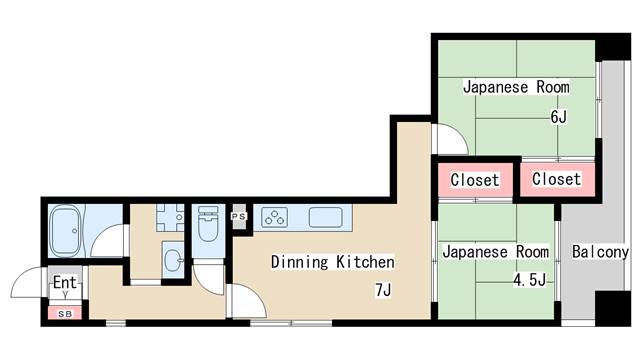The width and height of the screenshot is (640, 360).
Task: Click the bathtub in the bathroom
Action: [64, 231]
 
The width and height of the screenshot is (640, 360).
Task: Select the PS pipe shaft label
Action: [239, 216]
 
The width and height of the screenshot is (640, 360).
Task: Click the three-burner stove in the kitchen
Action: [275, 217]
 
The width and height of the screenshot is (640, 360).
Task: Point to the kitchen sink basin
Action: [325, 217]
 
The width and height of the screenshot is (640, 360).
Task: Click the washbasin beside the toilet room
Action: [173, 260]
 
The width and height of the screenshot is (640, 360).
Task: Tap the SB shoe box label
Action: [65, 314]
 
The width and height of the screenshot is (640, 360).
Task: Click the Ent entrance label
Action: [65, 282]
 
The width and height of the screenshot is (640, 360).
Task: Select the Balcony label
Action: [600, 252]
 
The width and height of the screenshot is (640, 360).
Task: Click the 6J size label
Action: [558, 117]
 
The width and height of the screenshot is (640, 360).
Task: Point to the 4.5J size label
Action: [529, 280]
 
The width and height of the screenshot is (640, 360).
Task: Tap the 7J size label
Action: [383, 291]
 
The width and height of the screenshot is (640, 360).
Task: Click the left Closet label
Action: [475, 180]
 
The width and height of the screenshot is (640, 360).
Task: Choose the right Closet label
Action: [556, 179]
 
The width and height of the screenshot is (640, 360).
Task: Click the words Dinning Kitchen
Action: [333, 262]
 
